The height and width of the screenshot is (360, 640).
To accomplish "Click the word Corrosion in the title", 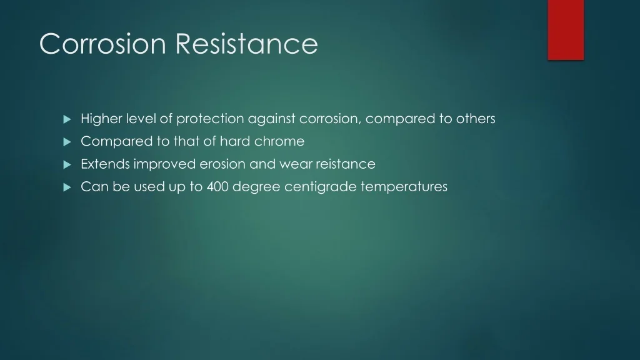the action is click(102, 44).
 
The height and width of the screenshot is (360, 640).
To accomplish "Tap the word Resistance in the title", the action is click(247, 44).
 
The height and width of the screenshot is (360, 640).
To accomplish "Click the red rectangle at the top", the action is click(566, 30).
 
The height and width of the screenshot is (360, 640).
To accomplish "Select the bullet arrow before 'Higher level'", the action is click(67, 119).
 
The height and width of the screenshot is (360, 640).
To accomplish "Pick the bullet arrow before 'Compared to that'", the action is click(67, 142).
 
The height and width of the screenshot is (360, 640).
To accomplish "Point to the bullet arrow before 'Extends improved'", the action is click(67, 165).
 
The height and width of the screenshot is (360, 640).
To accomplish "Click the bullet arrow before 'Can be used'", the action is click(67, 187).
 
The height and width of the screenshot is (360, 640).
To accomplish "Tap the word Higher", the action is click(102, 119).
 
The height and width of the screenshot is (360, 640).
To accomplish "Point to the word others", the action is click(476, 118).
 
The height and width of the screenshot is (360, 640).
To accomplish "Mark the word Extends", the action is click(105, 164).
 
